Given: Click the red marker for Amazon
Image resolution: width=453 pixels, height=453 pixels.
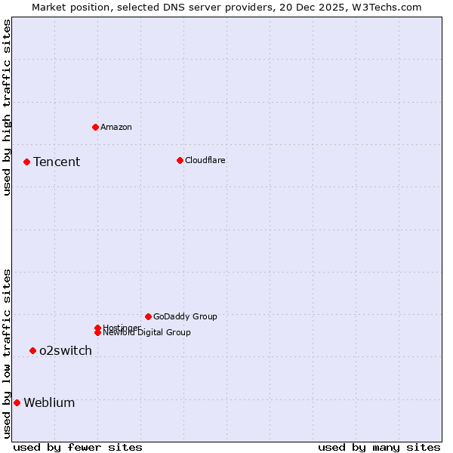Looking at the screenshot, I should tap(95, 127).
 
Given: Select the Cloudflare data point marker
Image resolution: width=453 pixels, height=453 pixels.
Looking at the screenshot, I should tap(180, 160).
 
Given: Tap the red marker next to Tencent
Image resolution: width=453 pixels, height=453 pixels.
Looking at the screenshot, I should tap(26, 162).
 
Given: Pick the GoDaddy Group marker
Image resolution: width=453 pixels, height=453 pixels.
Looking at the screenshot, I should tap(148, 316).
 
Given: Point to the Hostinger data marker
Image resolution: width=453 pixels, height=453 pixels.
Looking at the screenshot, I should tap(97, 328).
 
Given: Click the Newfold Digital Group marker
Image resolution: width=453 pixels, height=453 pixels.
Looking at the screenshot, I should tap(97, 332).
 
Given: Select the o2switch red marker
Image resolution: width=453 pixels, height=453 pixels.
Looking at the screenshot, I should tap(32, 350).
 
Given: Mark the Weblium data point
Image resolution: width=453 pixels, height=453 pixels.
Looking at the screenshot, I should tap(17, 402).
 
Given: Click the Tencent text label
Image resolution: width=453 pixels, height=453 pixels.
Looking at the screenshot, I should tap(57, 162).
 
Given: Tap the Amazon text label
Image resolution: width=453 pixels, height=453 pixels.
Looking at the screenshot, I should tap(116, 127).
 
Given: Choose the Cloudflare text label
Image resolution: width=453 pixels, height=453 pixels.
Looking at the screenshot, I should tap(205, 160).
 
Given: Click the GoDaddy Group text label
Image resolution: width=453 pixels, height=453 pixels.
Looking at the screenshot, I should tap(185, 316).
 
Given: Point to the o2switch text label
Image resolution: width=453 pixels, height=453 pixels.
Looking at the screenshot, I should tap(66, 350).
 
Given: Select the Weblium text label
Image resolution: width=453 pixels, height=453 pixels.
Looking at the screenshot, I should tap(49, 402).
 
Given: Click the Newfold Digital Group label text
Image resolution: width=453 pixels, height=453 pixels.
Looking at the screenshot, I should tap(147, 333).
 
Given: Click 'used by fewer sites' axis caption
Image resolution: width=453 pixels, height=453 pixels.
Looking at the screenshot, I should tap(78, 447).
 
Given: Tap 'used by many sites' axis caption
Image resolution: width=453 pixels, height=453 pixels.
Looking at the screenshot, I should tap(379, 447).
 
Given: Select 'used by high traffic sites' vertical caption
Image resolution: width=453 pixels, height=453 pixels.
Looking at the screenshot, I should tap(7, 107).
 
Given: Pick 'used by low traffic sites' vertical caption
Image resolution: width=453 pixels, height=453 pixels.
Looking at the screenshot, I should tap(7, 353).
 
